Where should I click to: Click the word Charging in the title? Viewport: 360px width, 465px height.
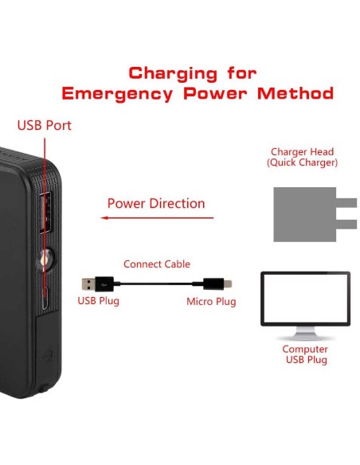[173, 74]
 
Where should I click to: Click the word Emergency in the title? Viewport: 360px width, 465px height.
[117, 94]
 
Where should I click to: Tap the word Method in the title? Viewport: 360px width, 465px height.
[295, 93]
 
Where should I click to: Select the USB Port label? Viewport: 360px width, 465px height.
[44, 126]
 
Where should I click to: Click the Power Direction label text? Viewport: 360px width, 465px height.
[156, 204]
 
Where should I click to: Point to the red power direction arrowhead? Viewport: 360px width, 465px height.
[104, 218]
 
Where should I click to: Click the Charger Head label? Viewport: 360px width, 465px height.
[302, 157]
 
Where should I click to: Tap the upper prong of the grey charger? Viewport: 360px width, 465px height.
[346, 203]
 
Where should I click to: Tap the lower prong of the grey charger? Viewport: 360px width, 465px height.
[346, 225]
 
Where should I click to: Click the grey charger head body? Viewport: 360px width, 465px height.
[304, 214]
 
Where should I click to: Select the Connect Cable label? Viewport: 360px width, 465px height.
[157, 264]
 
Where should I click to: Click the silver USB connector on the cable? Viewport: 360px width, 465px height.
[88, 283]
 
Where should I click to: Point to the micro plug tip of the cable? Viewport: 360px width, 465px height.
[228, 283]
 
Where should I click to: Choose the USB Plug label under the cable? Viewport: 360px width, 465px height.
[98, 301]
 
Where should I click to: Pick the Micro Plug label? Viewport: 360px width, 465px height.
[211, 302]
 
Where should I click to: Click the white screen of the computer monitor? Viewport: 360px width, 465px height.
[305, 298]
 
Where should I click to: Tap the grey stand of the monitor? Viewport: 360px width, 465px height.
[305, 334]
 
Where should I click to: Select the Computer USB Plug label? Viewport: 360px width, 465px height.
[305, 354]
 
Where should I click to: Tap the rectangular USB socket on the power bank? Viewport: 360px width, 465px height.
[45, 212]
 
